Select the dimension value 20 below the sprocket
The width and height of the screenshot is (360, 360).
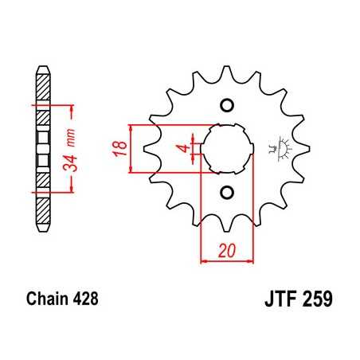click(x=225, y=251)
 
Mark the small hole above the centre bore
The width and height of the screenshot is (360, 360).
click(x=225, y=107)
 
